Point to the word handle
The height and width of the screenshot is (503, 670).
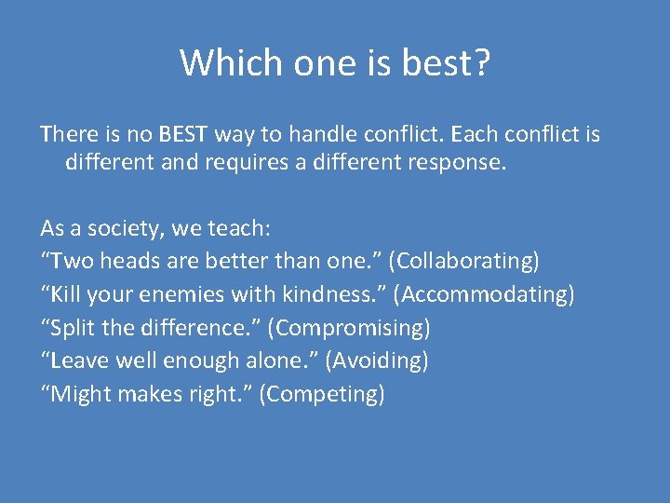[315, 134]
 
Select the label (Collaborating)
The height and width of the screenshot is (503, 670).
[468, 262]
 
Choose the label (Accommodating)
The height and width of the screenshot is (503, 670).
[483, 294]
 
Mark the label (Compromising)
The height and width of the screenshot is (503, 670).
[353, 328]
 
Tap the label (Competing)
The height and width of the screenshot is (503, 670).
[321, 394]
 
